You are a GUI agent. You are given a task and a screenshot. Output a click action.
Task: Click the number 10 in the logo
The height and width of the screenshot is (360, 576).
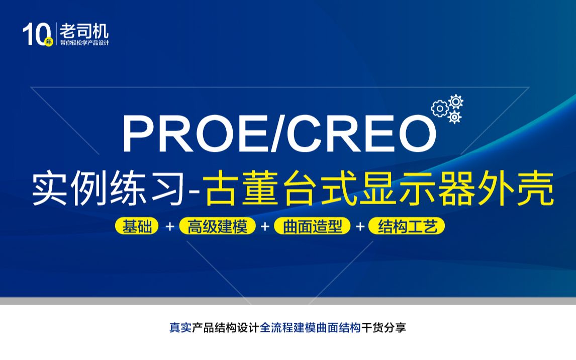point(35,34)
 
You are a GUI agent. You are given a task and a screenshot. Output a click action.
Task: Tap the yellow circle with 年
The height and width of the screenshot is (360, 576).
point(49,42)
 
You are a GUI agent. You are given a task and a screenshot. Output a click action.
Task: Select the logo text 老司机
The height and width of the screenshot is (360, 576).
point(84,31)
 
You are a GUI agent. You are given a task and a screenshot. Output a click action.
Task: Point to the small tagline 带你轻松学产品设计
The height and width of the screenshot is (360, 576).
point(84,43)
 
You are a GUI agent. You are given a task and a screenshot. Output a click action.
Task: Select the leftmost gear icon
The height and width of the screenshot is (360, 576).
point(440,109)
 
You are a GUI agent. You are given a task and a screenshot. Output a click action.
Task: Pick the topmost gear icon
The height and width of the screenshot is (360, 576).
point(456,102)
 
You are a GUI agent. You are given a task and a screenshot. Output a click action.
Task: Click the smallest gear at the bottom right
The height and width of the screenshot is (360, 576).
point(454,117)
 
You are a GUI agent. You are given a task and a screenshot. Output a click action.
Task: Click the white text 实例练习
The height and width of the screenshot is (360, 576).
point(108,188)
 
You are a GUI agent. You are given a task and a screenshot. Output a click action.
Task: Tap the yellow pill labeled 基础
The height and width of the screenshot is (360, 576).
point(137,226)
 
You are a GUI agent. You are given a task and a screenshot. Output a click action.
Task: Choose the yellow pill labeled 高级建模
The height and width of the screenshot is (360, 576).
point(217,226)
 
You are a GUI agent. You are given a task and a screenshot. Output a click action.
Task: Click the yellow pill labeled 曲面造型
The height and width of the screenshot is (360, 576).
point(312,226)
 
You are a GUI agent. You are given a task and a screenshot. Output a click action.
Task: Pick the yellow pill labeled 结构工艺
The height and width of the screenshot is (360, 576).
point(407,226)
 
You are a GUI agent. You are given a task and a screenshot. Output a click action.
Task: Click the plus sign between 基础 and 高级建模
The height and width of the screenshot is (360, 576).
point(169,226)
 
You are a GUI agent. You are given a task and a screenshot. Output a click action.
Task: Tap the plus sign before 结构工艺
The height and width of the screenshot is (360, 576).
point(360,226)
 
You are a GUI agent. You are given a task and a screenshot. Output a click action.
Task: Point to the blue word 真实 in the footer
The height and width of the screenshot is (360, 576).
point(180,327)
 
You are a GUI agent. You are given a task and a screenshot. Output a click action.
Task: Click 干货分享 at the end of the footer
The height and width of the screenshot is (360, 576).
point(383,327)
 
